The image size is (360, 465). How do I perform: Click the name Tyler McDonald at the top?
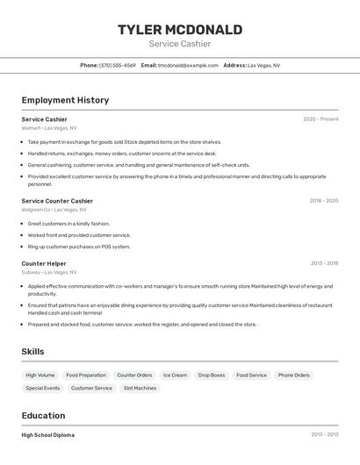coord(180,30)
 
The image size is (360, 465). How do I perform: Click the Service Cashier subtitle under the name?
coord(180,44)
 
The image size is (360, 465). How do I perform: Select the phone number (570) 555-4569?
coord(118,65)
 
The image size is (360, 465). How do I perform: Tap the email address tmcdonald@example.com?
coord(188,65)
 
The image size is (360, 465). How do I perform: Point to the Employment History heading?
coord(65,100)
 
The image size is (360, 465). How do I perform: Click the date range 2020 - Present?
coord(320,119)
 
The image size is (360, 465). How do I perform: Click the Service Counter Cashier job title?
coord(57,201)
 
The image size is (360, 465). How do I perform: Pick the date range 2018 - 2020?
coord(323,201)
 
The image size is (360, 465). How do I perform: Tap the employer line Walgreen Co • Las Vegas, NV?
coord(54,210)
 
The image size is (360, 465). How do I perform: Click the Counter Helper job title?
coord(44,263)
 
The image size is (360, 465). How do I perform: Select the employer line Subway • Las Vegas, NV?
coord(49,272)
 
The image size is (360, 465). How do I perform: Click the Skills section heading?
coord(32,352)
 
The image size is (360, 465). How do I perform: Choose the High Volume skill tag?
coord(40,376)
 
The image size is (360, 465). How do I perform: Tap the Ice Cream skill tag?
coord(175,376)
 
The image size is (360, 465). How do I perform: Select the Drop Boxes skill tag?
coord(212,376)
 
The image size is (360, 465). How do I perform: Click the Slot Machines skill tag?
coord(140,388)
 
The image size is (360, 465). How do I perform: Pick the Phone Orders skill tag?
coord(294,376)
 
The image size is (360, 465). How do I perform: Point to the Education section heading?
coord(43,416)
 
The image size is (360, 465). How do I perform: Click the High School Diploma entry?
coord(48,435)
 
